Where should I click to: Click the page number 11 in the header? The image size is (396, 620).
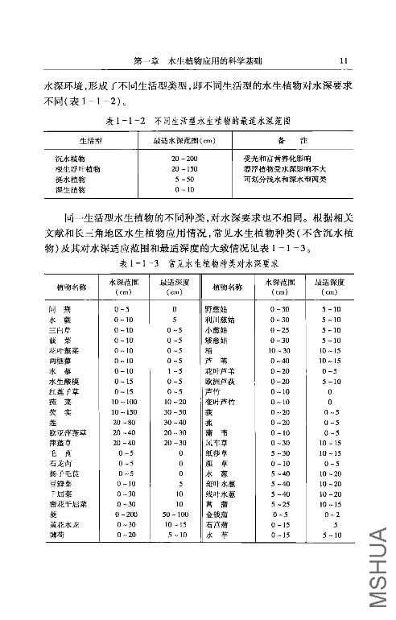tap(343, 60)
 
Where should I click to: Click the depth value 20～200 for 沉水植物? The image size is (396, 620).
tap(184, 159)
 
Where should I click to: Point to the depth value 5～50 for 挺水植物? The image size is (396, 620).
tap(184, 180)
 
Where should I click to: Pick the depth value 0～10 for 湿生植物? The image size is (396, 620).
tap(184, 190)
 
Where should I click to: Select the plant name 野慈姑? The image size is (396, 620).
tap(216, 309)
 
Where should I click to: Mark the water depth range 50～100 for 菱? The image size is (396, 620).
tap(175, 512)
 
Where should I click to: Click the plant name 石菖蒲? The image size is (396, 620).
tap(216, 523)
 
